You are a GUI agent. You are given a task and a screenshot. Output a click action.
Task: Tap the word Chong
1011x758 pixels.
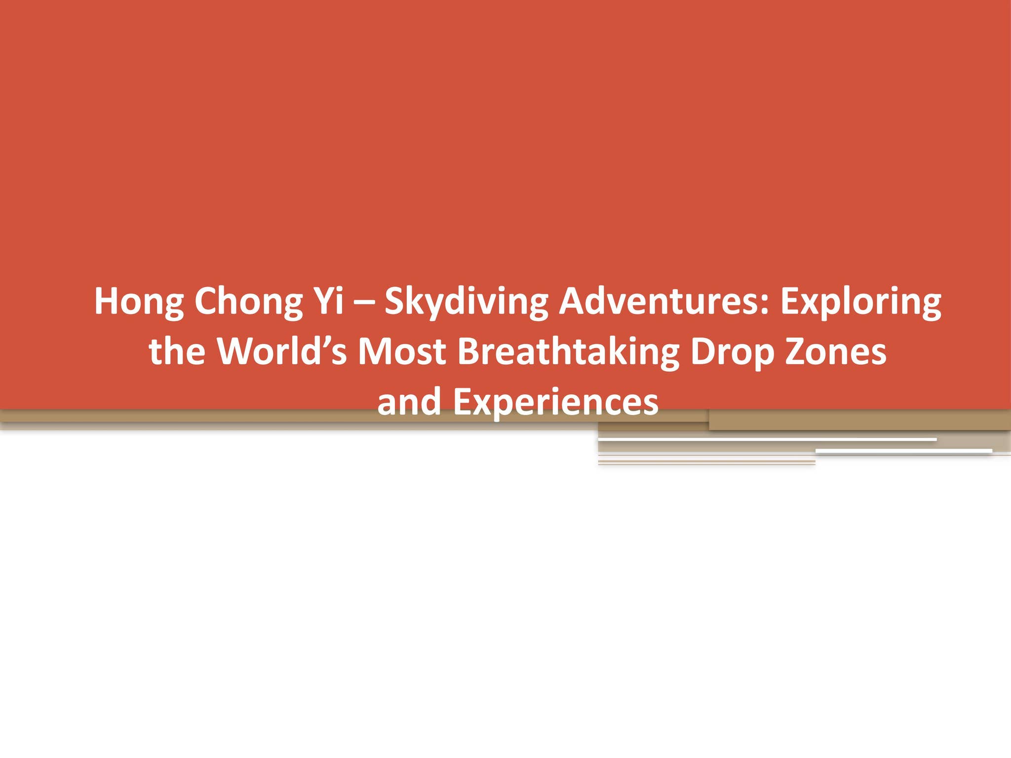point(248,302)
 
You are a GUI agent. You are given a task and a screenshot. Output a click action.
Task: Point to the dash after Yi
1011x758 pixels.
point(364,302)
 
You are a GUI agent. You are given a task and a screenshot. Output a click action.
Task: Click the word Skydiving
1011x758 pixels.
point(466,302)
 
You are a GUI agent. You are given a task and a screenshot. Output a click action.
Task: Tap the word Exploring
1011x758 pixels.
point(860,302)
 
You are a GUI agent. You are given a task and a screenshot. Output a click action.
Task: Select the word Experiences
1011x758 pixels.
point(555,403)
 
